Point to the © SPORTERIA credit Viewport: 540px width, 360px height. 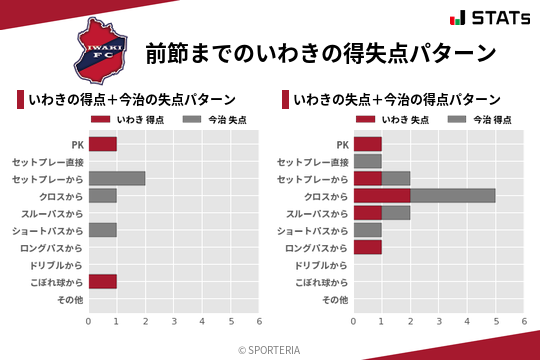tap(269, 350)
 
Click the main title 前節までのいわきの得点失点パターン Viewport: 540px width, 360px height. tap(321, 52)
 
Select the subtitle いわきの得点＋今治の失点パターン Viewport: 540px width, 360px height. tap(132, 100)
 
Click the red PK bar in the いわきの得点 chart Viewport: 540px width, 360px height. tap(102, 144)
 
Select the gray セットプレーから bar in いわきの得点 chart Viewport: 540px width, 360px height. tap(116, 179)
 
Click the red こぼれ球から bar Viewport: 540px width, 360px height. tap(102, 281)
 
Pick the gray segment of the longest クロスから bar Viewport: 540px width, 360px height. tap(452, 196)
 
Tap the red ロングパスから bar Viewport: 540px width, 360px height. tap(367, 247)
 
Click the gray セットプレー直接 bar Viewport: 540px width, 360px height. tap(367, 161)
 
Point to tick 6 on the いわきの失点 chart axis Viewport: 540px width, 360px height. tap(524, 322)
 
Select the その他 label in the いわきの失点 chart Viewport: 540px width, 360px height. tap(336, 299)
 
